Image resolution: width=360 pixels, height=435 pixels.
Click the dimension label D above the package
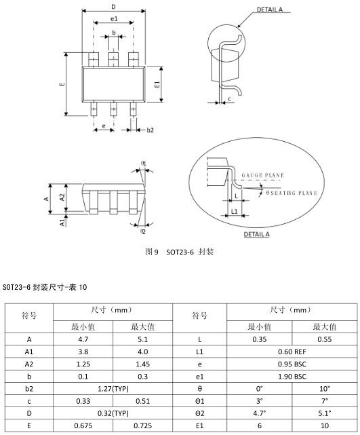[113, 7]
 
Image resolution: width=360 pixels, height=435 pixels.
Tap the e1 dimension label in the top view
[114, 19]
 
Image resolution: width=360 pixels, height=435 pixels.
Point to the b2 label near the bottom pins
[150, 130]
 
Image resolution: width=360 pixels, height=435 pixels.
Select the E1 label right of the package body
[157, 84]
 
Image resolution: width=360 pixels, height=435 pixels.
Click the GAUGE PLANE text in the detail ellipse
[263, 175]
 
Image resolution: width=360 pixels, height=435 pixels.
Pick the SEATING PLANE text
[294, 193]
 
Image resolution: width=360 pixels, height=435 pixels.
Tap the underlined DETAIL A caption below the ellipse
[257, 234]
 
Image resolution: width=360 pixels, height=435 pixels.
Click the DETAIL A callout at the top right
[270, 10]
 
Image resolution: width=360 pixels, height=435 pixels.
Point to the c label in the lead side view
[229, 99]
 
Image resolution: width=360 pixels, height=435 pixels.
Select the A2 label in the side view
[62, 197]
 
